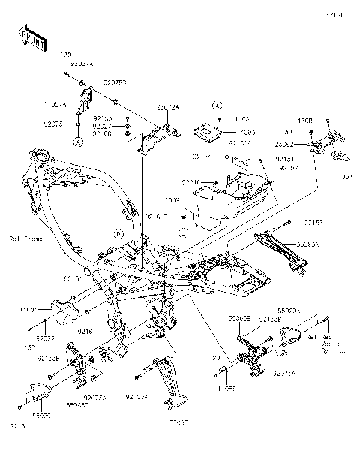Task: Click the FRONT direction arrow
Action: (x=29, y=36)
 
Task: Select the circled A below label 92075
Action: (x=77, y=139)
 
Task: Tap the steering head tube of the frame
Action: (x=41, y=161)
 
